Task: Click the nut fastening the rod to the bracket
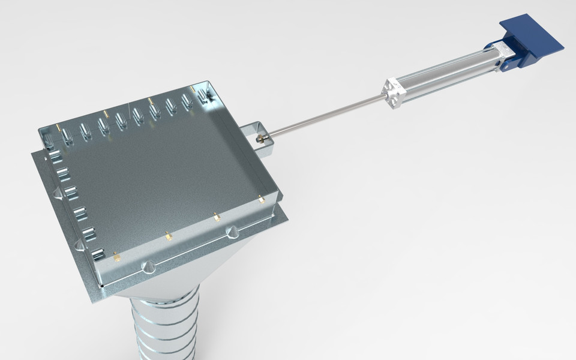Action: point(260,139)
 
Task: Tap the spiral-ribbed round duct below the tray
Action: point(165,327)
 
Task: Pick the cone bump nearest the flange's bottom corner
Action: point(147,266)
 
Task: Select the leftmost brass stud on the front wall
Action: point(117,257)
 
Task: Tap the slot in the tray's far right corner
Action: point(205,96)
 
